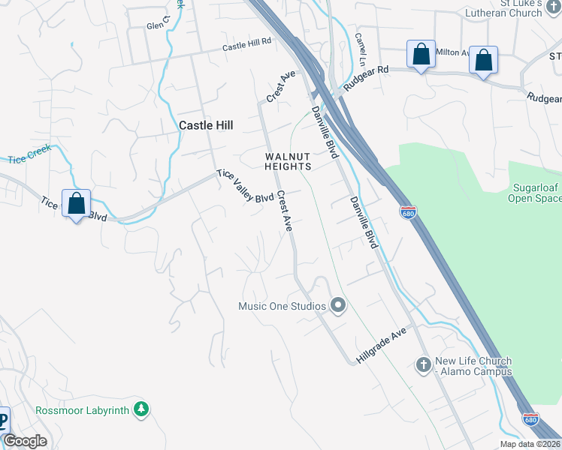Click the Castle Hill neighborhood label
207,126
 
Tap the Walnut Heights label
287,160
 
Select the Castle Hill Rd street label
246,45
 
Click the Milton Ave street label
453,52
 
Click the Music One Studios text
282,306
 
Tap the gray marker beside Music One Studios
338,305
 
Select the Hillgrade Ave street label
381,345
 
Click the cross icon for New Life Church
423,365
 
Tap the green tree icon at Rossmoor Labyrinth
140,409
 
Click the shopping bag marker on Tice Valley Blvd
76,204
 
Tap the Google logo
25,441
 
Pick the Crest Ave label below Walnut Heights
284,211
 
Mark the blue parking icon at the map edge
4,420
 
